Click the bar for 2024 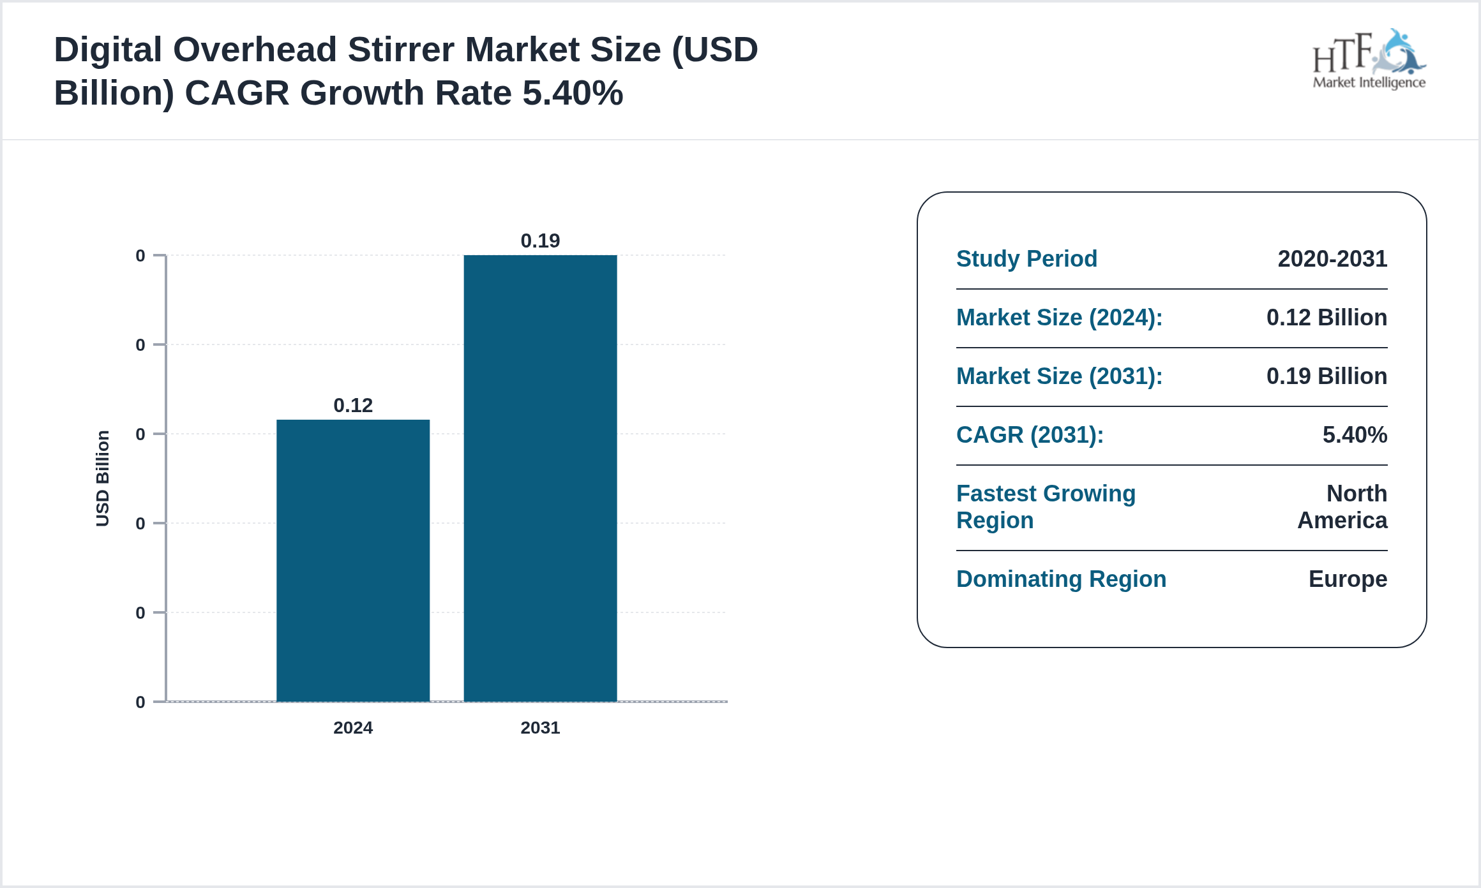353,560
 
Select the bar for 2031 540,478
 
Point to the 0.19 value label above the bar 540,241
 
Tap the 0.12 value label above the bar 353,405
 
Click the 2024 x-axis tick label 353,727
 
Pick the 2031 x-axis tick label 540,727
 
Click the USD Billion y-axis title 102,478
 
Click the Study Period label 1026,258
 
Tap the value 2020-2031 1332,258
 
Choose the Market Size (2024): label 1059,317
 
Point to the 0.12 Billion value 1327,317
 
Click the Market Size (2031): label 1059,376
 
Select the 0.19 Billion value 1327,376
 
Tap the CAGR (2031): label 1030,434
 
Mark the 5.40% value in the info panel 1355,434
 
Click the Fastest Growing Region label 1046,507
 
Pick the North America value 1342,507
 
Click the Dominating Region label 1061,579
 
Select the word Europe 1348,579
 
